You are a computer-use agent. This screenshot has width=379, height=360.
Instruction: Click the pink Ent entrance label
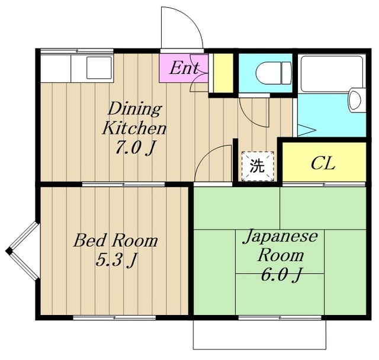coord(184,68)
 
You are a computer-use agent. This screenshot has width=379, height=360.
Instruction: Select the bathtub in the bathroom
coord(332,74)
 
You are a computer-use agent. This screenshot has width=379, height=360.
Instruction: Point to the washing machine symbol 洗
coord(258,166)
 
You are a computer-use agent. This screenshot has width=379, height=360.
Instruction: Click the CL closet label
coord(323,163)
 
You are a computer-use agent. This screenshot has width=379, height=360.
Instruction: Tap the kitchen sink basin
coord(99,67)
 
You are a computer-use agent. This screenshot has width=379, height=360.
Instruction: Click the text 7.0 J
coord(134,147)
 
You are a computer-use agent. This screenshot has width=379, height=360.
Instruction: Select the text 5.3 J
coord(117,259)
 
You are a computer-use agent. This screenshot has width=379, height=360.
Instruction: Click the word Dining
coord(134,109)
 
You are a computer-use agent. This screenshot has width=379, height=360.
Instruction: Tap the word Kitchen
coord(134,128)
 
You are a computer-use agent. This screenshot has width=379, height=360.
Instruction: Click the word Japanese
coord(280,236)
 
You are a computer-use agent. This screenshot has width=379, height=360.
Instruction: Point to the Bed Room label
coord(116,240)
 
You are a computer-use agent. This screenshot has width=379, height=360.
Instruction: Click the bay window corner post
coord(9,251)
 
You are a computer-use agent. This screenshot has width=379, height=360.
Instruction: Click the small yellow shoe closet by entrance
coord(223,73)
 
